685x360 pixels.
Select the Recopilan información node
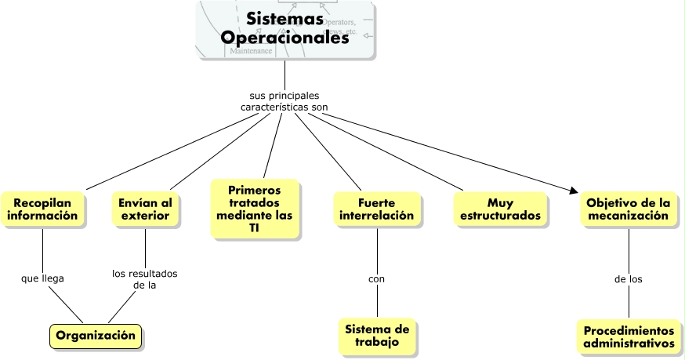[43, 209]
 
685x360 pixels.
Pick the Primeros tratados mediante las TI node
[255, 209]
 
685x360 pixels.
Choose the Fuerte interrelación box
[375, 209]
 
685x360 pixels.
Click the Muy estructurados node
[500, 209]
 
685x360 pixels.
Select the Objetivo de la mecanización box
[629, 209]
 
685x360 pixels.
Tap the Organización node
[96, 336]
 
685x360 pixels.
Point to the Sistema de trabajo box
[376, 335]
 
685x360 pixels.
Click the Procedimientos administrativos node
[629, 336]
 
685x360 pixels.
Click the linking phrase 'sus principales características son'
[284, 100]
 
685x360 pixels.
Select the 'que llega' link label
[43, 278]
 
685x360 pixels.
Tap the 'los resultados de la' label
[145, 279]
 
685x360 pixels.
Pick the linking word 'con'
[376, 278]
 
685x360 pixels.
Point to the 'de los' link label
[629, 278]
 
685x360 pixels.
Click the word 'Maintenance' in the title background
[251, 51]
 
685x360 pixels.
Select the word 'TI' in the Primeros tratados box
[254, 227]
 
